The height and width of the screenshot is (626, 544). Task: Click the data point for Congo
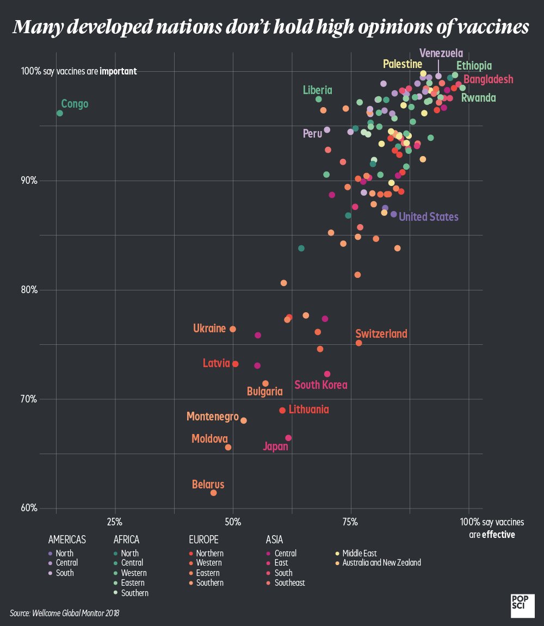[x=60, y=113]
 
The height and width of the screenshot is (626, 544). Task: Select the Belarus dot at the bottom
[x=213, y=493]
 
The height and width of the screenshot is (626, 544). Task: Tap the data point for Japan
[x=288, y=438]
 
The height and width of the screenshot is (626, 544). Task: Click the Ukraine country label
[x=209, y=329]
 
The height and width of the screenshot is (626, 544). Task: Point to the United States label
[x=429, y=217]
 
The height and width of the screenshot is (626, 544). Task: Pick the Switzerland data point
[x=358, y=343]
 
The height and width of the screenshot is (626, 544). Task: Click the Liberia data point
[x=318, y=99]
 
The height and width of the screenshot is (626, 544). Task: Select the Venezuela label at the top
[x=441, y=53]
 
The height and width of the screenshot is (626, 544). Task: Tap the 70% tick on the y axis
[x=28, y=399]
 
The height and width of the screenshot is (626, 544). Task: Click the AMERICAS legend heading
[x=67, y=540]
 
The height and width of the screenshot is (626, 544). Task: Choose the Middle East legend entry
[x=359, y=554]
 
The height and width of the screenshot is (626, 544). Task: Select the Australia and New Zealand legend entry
[x=381, y=563]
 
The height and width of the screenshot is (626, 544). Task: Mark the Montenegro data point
[x=244, y=420]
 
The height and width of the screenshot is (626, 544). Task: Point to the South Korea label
[x=320, y=385]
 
